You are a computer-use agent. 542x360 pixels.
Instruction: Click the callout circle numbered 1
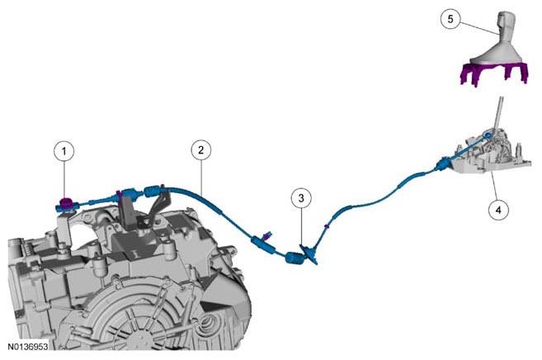(x=64, y=151)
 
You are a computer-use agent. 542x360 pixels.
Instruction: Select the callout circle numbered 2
(x=200, y=149)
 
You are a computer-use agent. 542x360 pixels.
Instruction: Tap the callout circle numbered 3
(x=301, y=198)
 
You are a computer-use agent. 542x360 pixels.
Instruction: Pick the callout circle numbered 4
(x=498, y=210)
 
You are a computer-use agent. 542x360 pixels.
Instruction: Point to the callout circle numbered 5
(x=450, y=19)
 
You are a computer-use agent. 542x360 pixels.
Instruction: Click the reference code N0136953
(x=28, y=346)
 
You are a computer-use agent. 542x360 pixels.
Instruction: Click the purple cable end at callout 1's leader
(x=65, y=202)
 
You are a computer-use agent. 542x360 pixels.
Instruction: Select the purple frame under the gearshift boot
(x=494, y=73)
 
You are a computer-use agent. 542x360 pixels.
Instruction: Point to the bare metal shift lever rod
(x=497, y=114)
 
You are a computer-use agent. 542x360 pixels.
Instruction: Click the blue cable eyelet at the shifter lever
(x=488, y=135)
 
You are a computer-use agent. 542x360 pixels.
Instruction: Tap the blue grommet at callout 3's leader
(x=295, y=258)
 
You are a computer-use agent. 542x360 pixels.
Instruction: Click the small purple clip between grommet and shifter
(x=326, y=227)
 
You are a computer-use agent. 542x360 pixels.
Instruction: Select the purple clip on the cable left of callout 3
(x=266, y=236)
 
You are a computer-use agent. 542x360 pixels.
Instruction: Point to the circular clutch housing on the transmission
(x=139, y=318)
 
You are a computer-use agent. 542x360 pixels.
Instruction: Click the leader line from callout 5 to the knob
(x=479, y=28)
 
